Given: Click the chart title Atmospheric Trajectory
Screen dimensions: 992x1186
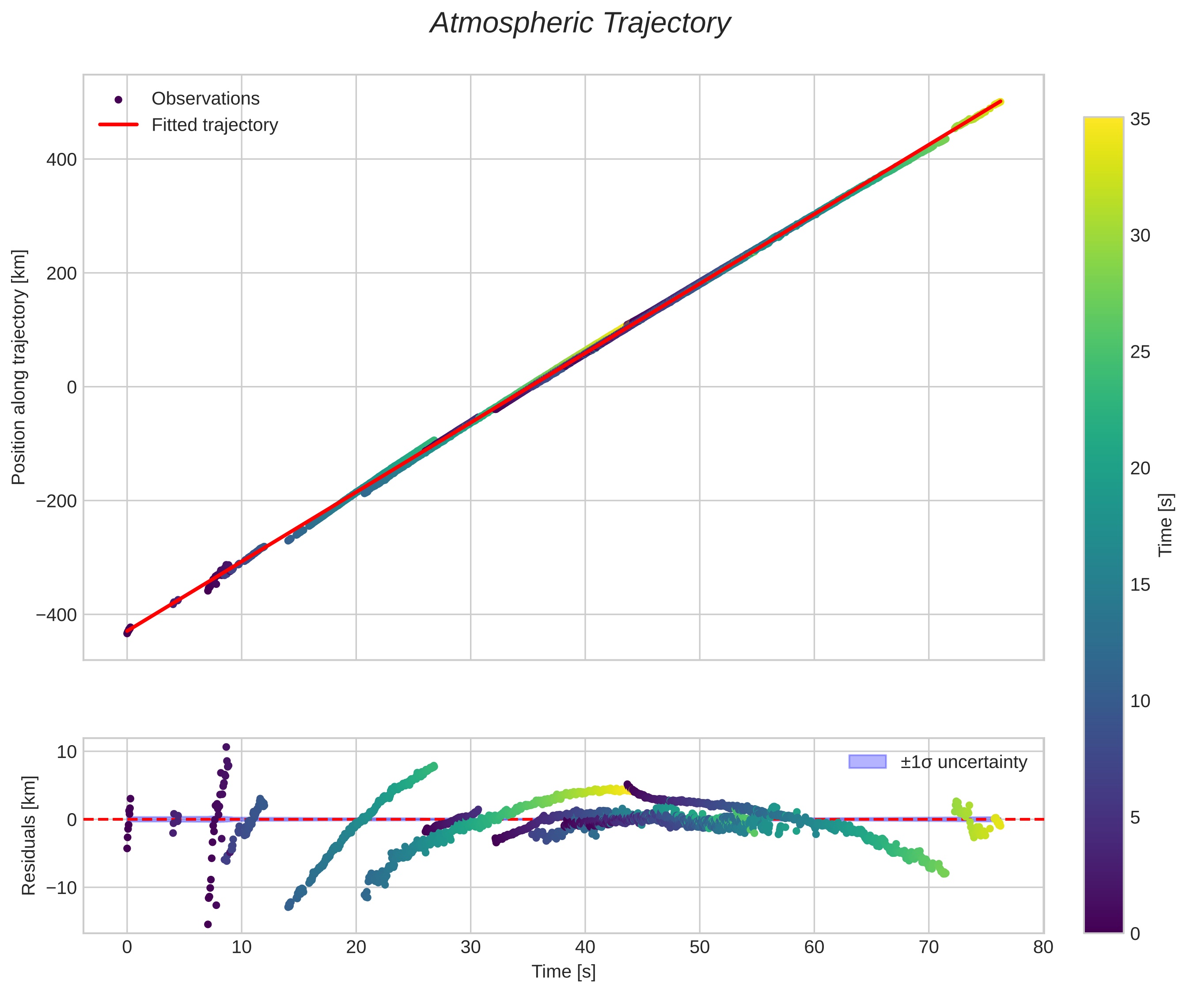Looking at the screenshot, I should (580, 24).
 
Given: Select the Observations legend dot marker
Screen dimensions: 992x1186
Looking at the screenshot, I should (118, 100).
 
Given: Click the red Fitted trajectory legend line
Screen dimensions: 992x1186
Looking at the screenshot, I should (118, 125).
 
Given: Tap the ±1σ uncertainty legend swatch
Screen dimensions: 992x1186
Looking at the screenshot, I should (867, 761).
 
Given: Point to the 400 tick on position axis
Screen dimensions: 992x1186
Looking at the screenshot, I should (61, 160).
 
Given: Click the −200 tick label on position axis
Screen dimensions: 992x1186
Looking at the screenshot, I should (57, 501).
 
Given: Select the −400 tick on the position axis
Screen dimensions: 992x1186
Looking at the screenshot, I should (57, 615).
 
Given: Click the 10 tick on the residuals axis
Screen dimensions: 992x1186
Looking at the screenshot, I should (67, 751).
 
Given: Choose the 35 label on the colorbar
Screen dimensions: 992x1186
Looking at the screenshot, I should (1140, 119).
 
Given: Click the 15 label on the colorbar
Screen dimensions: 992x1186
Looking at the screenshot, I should (1140, 585).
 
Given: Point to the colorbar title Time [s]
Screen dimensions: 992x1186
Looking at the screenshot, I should (1166, 525).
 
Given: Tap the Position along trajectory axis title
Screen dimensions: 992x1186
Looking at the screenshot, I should (19, 367).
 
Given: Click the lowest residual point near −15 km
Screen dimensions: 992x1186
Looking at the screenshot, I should (208, 924).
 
